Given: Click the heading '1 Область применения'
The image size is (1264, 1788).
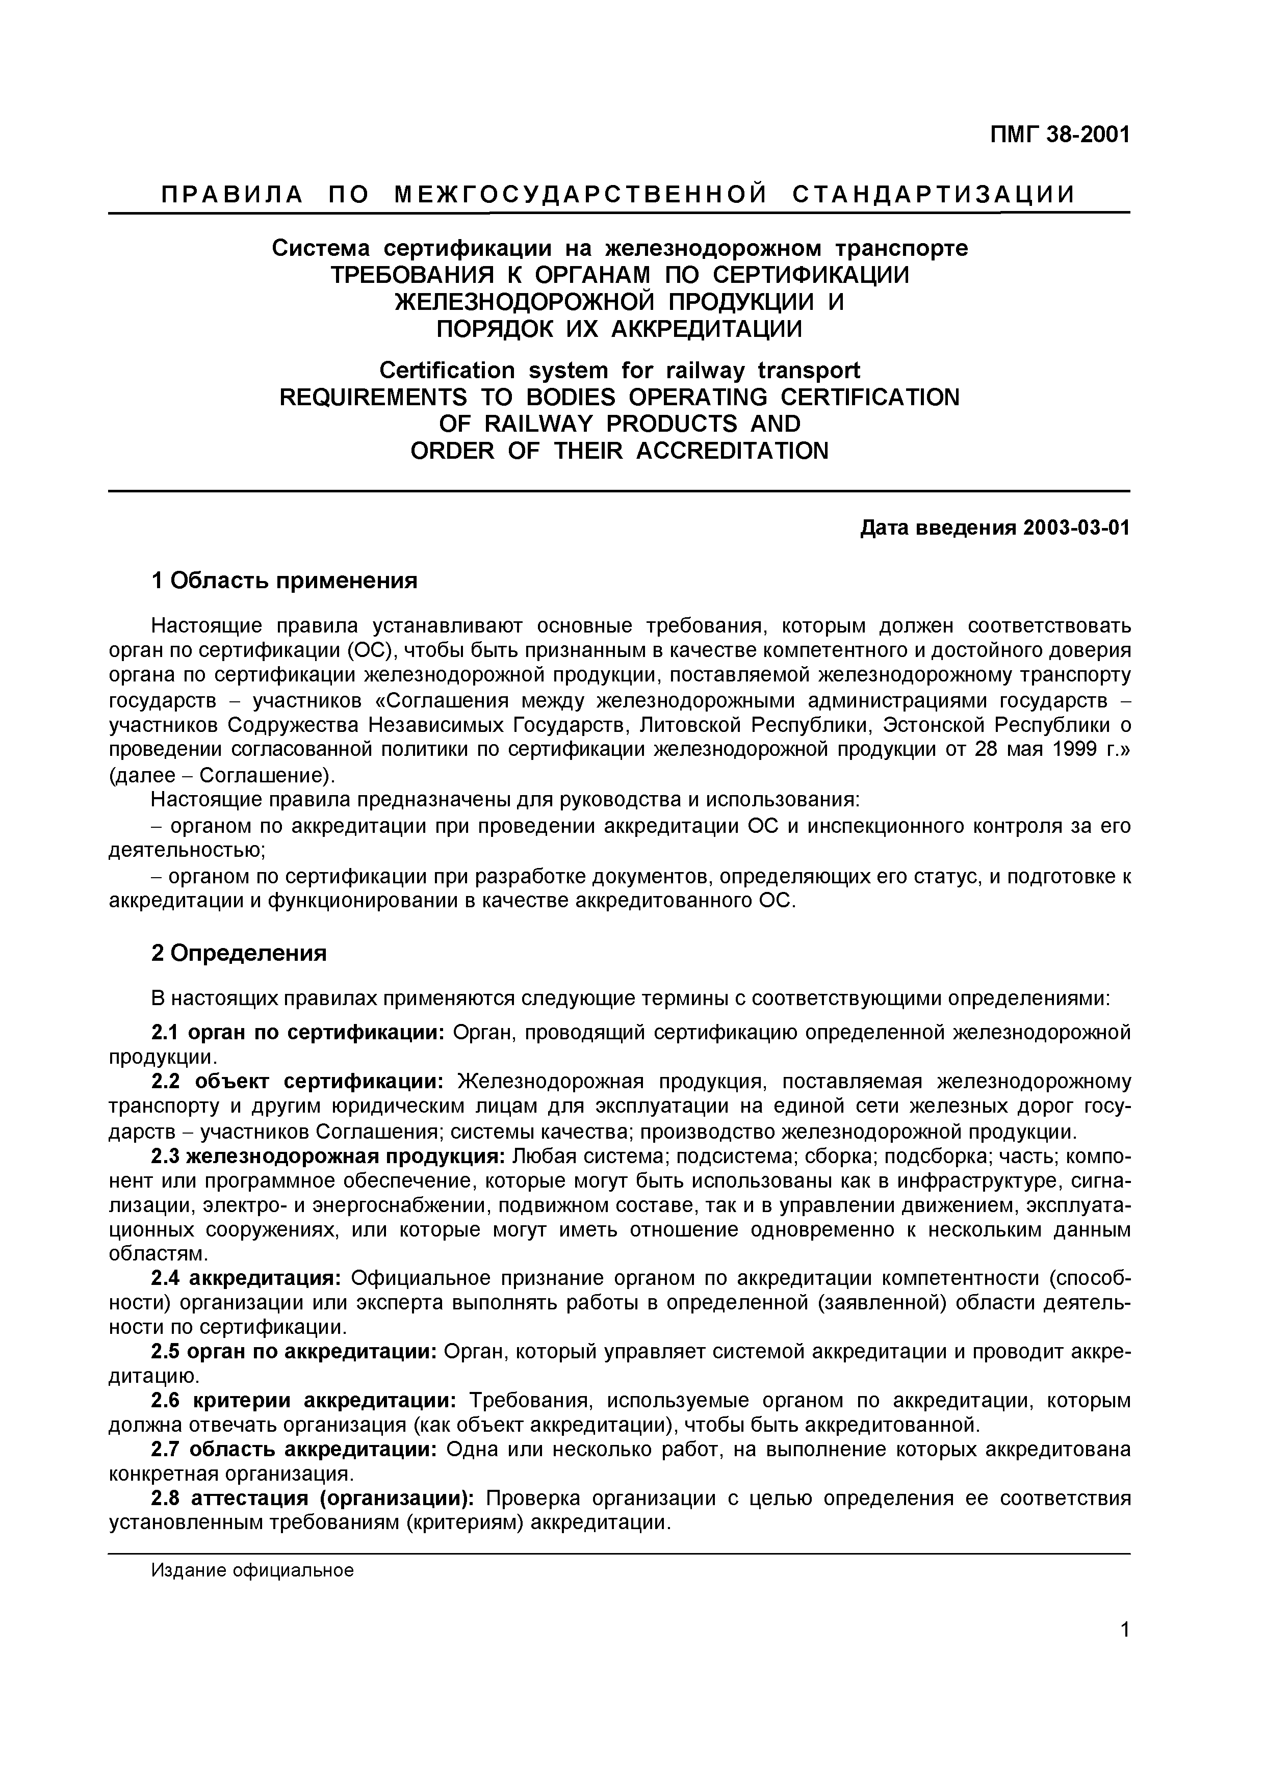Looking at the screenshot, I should click(285, 580).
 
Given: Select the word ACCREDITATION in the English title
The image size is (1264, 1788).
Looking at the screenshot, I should click(732, 450).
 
